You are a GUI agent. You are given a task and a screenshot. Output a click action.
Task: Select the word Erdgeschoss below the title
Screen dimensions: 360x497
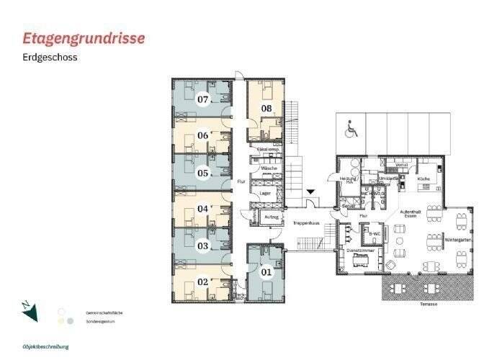(x=50, y=57)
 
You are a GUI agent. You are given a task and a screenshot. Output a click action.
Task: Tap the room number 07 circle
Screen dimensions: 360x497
(x=203, y=99)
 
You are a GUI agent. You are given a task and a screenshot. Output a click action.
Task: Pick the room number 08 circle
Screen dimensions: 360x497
(x=266, y=109)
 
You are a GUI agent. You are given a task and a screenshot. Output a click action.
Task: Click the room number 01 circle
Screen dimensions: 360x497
(x=266, y=272)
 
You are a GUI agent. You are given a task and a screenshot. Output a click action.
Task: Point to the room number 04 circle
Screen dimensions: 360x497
(x=203, y=210)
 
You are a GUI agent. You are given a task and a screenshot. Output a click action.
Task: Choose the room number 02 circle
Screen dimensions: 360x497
(x=203, y=283)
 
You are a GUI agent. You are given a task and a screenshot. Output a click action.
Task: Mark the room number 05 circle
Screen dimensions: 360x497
(x=203, y=173)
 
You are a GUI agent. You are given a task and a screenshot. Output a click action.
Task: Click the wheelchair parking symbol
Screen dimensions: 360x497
(x=352, y=130)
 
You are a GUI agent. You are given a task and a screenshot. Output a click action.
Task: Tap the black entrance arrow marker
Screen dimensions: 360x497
(x=310, y=192)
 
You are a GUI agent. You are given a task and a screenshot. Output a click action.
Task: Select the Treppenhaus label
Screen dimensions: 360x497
(x=305, y=224)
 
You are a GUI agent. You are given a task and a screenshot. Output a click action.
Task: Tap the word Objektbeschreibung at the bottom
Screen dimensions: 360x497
(x=45, y=346)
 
